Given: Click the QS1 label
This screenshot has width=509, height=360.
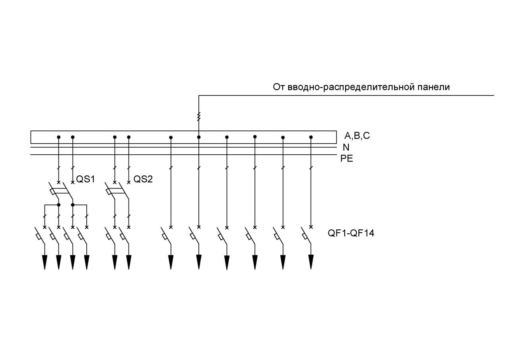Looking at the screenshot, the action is tap(85, 179).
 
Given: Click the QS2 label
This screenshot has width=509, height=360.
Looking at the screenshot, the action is tap(143, 179).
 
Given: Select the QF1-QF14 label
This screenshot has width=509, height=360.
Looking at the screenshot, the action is tap(351, 233).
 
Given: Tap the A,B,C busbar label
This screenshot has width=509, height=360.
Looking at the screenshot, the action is tap(357, 136).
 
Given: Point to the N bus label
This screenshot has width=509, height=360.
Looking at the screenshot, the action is tap(346, 148).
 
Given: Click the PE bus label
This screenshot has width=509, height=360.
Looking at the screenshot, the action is tap(346, 158).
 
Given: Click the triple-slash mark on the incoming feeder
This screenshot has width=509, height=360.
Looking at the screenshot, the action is tap(199, 117).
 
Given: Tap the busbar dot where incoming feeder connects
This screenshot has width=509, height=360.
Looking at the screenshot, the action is tap(199, 137).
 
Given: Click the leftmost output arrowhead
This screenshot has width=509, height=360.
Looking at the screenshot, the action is tap(45, 263).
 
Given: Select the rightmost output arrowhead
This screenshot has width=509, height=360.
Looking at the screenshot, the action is tap(311, 262).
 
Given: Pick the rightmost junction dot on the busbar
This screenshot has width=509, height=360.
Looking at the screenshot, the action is tap(311, 137).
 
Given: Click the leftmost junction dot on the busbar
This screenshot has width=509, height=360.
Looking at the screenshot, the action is tap(58, 137).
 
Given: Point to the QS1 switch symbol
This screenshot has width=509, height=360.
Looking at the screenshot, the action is tap(61, 191).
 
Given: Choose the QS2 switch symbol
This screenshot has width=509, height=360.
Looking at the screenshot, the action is tap(117, 191).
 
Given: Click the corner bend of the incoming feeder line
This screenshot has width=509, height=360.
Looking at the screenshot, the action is tap(199, 95).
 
